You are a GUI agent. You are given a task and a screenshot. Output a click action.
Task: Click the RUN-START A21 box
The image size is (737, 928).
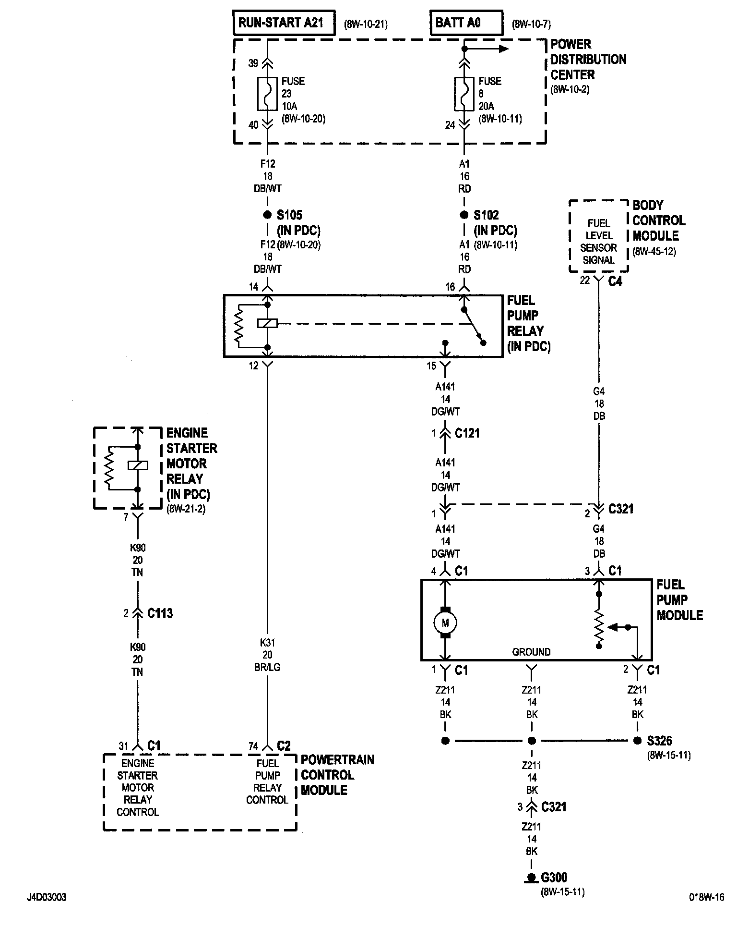click(x=284, y=23)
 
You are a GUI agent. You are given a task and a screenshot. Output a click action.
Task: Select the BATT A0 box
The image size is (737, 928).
click(x=466, y=23)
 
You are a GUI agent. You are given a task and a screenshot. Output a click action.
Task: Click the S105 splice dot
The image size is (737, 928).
click(x=268, y=215)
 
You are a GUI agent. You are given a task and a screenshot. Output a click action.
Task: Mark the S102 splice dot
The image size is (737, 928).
click(x=464, y=215)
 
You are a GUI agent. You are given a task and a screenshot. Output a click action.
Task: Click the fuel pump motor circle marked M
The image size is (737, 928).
click(x=445, y=623)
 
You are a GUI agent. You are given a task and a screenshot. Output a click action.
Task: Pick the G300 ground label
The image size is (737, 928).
click(x=554, y=878)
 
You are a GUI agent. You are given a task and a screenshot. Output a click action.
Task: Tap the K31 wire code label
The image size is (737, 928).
click(x=267, y=642)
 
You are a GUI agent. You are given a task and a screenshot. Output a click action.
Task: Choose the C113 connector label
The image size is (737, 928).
click(x=160, y=613)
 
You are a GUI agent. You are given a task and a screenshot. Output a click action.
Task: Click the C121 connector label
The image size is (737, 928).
click(x=467, y=433)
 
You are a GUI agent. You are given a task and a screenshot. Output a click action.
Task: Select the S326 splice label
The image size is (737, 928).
click(x=659, y=741)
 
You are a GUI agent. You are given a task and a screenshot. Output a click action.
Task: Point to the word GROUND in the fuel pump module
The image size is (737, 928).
click(x=531, y=652)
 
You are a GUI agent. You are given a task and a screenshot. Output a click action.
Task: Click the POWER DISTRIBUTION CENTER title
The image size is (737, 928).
click(x=588, y=60)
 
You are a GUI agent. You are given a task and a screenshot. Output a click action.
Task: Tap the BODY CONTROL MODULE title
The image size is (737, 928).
click(x=659, y=220)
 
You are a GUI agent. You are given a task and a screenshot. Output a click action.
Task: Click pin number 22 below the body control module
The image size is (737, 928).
click(x=584, y=280)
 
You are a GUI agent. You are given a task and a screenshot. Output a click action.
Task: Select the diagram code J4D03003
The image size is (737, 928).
click(x=47, y=897)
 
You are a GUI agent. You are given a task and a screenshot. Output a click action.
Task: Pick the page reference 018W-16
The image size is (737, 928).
click(x=706, y=897)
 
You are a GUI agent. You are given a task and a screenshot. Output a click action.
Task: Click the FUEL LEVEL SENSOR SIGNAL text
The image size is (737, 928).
click(x=598, y=242)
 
